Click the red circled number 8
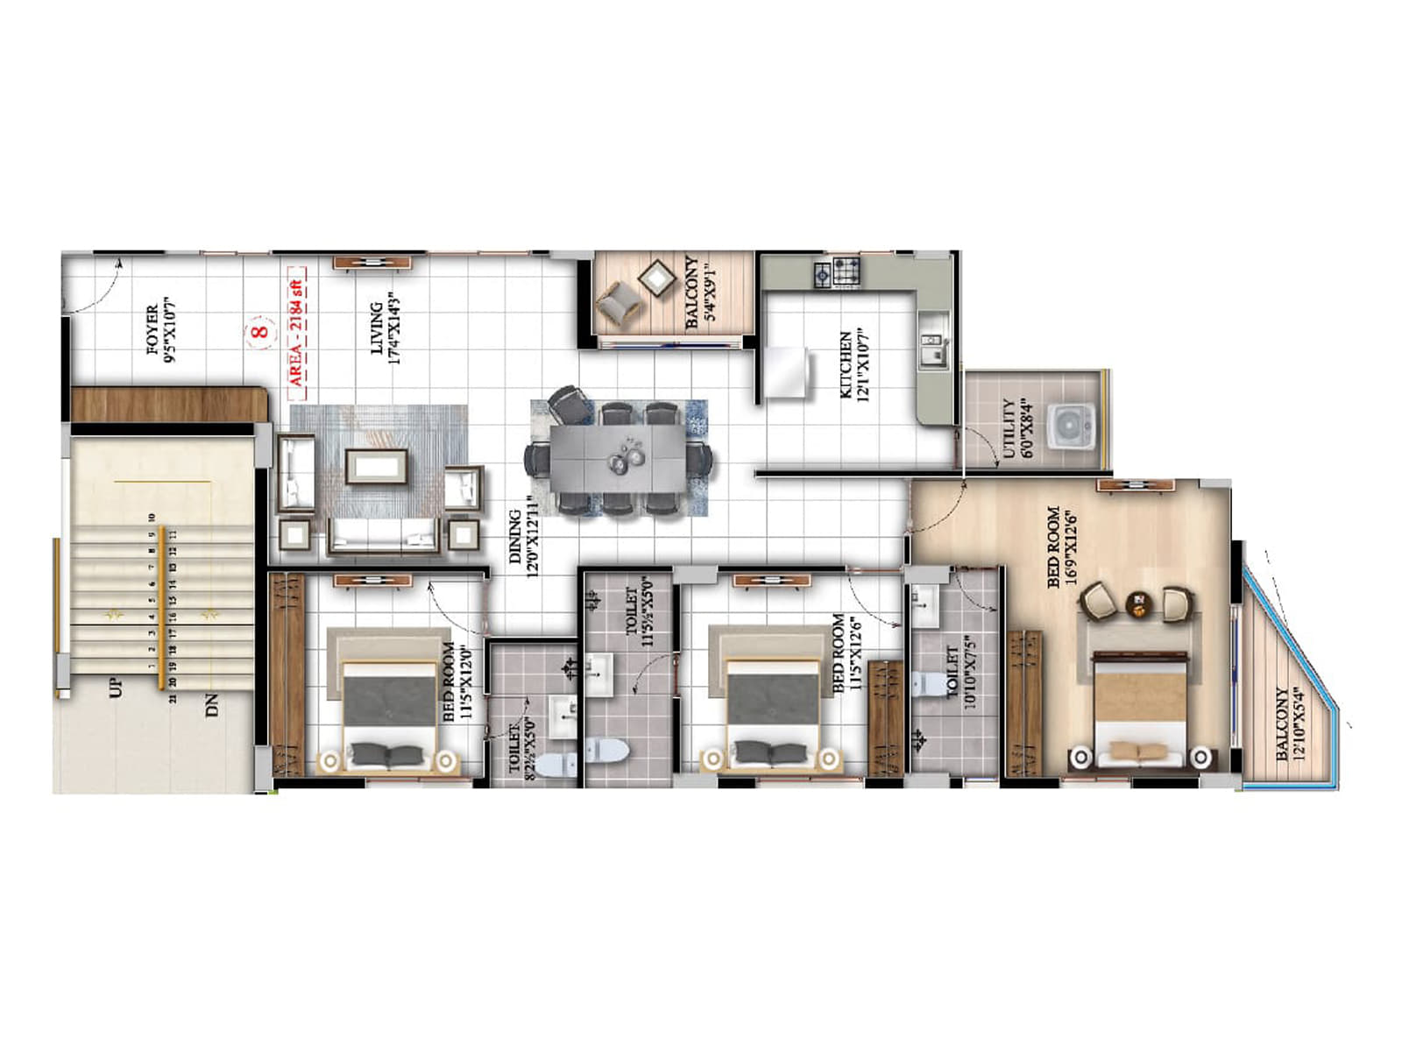(x=258, y=332)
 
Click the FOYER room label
(x=159, y=329)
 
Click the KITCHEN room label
(x=853, y=364)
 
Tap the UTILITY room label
(x=1016, y=429)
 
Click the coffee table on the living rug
(x=377, y=466)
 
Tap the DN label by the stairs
(x=211, y=705)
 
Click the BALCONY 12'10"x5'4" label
(x=1289, y=724)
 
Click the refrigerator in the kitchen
(x=786, y=371)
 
